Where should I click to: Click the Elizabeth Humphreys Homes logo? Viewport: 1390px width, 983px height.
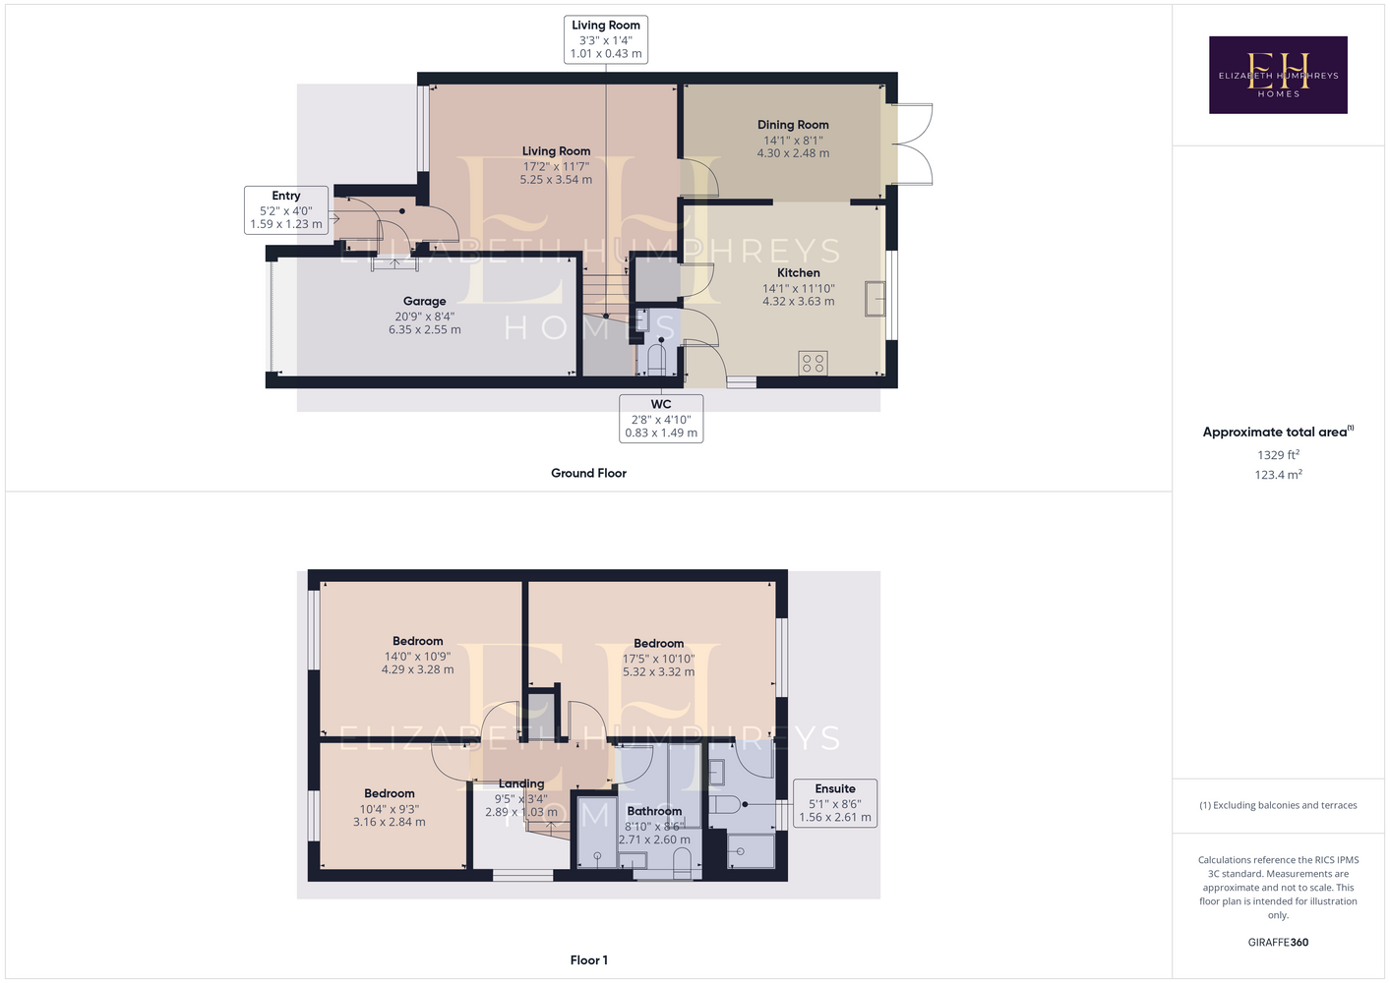pos(1278,75)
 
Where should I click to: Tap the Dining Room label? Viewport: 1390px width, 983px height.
pos(793,125)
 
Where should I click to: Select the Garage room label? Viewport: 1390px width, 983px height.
pos(424,301)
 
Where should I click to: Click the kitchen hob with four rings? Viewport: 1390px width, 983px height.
pos(813,364)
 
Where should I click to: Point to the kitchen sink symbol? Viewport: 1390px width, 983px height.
pos(875,299)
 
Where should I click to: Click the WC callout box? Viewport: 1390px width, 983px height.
pos(661,419)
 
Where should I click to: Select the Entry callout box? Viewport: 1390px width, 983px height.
pos(286,209)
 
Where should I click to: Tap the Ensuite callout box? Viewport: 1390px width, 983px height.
pos(834,803)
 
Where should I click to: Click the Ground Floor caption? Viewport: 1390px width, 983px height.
pos(589,473)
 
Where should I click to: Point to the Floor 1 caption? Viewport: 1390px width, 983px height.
pos(589,960)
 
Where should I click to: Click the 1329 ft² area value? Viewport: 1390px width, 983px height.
pos(1278,454)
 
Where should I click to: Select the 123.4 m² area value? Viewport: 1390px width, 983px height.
pos(1278,475)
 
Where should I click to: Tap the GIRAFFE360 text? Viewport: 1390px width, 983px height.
pos(1278,942)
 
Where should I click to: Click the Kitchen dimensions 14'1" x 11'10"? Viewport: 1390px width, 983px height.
pos(799,288)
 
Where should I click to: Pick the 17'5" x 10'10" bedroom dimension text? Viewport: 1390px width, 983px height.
pos(658,659)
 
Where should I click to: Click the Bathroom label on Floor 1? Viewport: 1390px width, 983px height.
pos(654,811)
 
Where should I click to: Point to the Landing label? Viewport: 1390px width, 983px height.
pos(521,783)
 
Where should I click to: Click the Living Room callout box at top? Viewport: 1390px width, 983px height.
pos(606,39)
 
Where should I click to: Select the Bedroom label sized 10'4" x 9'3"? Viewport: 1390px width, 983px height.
pos(390,794)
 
